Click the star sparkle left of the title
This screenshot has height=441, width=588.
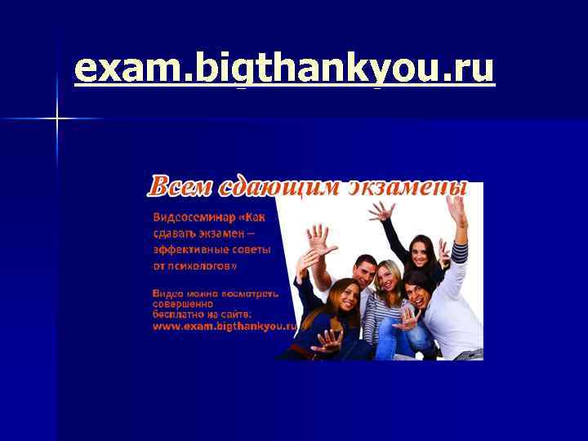56,119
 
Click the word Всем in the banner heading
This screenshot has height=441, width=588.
178,186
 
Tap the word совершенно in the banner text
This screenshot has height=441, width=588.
180,303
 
